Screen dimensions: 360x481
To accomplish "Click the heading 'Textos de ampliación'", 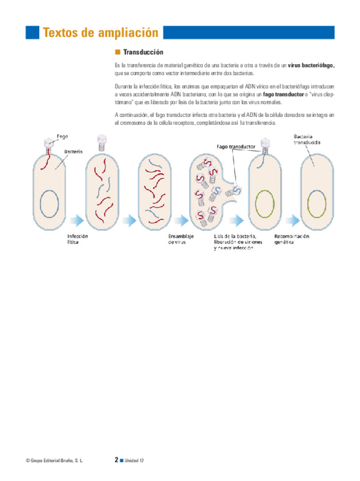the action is [100, 32].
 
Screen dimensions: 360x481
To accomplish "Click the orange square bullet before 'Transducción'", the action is [117, 52].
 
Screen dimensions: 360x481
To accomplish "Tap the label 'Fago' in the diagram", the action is [62, 137].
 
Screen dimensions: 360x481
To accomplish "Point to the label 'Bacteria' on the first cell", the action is [73, 151].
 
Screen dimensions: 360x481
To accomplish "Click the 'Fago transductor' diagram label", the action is [236, 146].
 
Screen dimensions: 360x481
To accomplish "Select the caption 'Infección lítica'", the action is [78, 239].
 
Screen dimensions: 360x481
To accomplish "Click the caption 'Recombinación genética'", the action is [291, 239].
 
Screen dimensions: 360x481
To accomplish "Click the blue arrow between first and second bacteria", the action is [77, 220].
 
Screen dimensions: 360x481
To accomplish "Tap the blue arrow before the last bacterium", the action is [291, 220].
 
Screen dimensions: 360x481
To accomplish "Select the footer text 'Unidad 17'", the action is [134, 461].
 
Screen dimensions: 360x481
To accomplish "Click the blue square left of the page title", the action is [32, 32].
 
